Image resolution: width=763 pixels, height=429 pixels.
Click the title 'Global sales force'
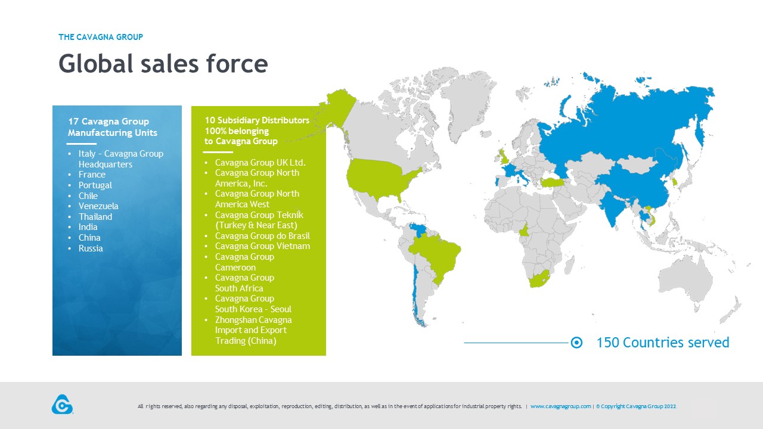tap(163, 64)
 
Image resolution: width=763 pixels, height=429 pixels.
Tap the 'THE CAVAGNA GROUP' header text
tap(101, 37)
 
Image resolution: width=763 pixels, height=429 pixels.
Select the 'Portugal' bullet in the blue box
tap(95, 185)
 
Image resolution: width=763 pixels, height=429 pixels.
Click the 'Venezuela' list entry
tap(98, 206)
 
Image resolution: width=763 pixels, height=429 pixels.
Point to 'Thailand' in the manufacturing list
tap(95, 216)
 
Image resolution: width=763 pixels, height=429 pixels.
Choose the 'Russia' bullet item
tap(91, 248)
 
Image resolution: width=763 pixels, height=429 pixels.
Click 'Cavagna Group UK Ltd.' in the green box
tap(260, 163)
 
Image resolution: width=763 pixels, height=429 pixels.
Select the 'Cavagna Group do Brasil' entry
tap(262, 235)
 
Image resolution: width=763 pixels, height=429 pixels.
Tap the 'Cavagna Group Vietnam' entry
tap(262, 246)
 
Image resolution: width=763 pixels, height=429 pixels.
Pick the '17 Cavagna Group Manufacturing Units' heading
tap(113, 127)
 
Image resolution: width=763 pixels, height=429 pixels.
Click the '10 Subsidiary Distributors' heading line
tap(257, 120)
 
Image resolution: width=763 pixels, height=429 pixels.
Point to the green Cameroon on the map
tap(525, 231)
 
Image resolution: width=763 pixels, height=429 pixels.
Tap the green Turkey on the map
tap(552, 182)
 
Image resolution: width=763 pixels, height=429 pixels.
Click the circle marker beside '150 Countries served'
tap(576, 343)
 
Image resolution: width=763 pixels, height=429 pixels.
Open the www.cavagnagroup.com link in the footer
tap(561, 406)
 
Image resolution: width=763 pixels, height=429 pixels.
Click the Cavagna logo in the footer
tap(63, 405)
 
